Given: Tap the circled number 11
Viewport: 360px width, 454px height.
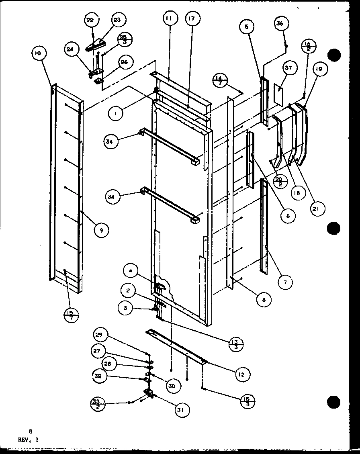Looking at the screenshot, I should [x=170, y=18].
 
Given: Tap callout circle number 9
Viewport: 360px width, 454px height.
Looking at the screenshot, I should [x=102, y=230].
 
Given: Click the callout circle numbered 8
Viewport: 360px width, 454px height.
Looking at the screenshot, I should [x=264, y=299].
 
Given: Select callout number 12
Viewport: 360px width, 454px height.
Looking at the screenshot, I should [x=241, y=374].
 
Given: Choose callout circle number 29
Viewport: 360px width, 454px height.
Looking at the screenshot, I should [x=99, y=335].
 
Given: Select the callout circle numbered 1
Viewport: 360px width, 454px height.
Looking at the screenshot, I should [x=116, y=114].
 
